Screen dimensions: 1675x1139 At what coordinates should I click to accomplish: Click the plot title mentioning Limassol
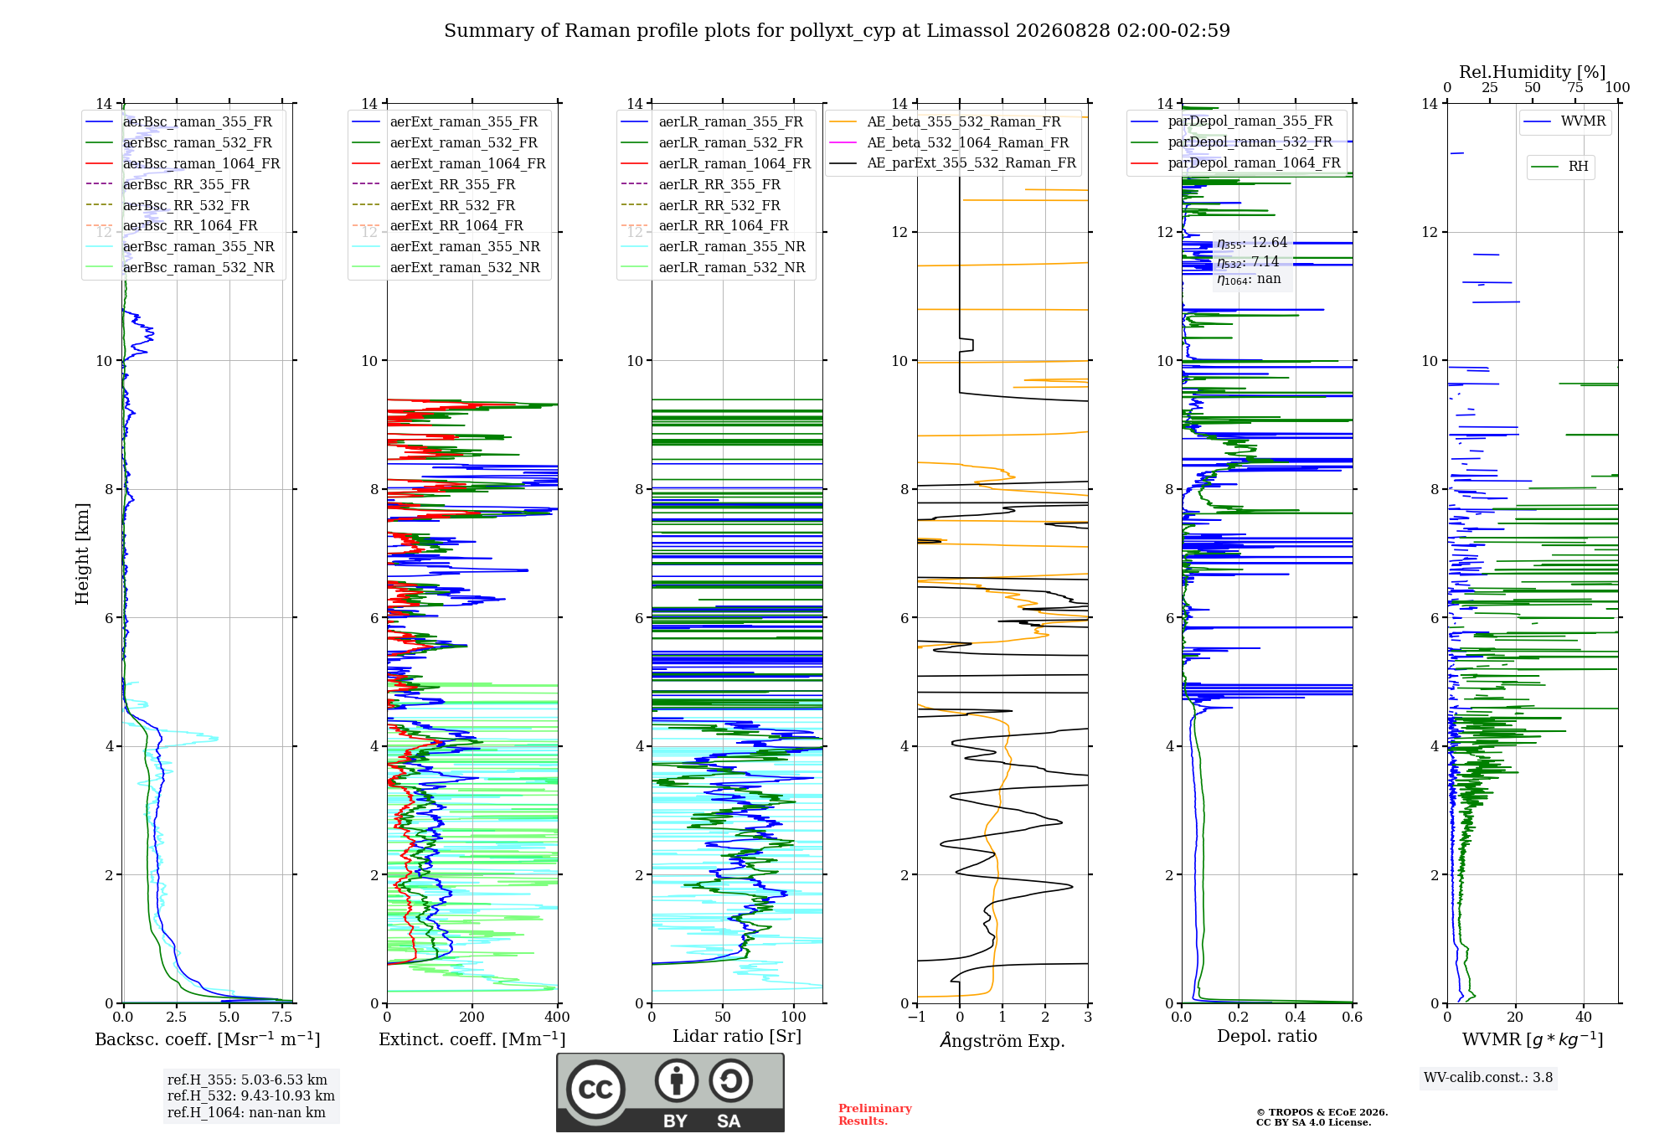coord(837,31)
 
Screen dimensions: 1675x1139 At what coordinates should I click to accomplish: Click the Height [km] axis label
coord(82,553)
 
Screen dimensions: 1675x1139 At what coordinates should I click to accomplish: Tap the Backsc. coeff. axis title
coord(208,1039)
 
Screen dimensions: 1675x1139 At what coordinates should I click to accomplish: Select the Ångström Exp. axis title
coord(1002,1040)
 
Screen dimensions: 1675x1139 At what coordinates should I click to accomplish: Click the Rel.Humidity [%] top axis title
coord(1533,72)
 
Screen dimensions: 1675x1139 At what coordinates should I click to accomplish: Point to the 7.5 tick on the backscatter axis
coord(282,1018)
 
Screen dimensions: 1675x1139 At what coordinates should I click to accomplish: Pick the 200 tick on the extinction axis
coord(472,1018)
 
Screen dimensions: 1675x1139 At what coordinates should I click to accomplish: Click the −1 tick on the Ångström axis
coord(917,1018)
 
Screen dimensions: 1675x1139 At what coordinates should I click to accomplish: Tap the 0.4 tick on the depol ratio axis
coord(1296,1018)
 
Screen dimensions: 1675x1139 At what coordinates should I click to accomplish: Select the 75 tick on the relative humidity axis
coord(1575,88)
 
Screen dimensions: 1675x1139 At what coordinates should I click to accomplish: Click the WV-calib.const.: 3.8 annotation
coord(1488,1078)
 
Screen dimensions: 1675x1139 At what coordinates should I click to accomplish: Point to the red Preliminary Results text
coord(875,1115)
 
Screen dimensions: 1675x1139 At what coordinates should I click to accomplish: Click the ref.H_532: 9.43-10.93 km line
coord(251,1096)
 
